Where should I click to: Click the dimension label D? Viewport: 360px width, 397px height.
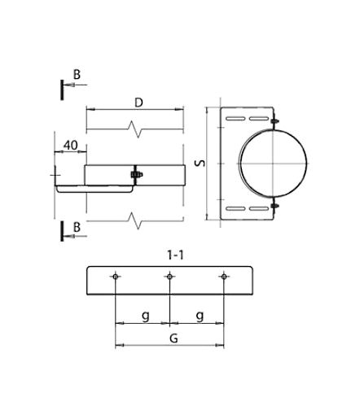pyautogui.click(x=138, y=103)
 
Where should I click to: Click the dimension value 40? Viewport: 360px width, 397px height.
pyautogui.click(x=71, y=146)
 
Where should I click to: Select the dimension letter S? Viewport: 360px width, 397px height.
pyautogui.click(x=200, y=164)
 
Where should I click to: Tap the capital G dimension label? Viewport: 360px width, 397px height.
pyautogui.click(x=173, y=338)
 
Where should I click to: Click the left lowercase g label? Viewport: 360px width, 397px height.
pyautogui.click(x=146, y=316)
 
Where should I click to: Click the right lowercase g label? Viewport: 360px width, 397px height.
pyautogui.click(x=200, y=316)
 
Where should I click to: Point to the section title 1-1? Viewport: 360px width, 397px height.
pyautogui.click(x=175, y=255)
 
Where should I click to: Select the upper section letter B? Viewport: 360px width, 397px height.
pyautogui.click(x=77, y=75)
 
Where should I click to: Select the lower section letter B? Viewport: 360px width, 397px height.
pyautogui.click(x=77, y=227)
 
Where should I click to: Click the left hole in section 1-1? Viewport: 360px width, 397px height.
pyautogui.click(x=116, y=277)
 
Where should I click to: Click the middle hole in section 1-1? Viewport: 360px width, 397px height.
pyautogui.click(x=169, y=277)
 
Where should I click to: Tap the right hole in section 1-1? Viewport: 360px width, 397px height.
pyautogui.click(x=224, y=277)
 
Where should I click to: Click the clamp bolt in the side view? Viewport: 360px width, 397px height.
pyautogui.click(x=137, y=174)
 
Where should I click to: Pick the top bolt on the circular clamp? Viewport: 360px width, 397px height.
pyautogui.click(x=274, y=120)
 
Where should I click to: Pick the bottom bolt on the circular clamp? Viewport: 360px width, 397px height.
pyautogui.click(x=274, y=206)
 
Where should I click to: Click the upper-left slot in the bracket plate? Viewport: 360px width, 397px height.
pyautogui.click(x=235, y=119)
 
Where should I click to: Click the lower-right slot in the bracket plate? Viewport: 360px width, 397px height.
pyautogui.click(x=259, y=208)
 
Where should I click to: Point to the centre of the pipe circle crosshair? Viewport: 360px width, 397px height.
pyautogui.click(x=273, y=164)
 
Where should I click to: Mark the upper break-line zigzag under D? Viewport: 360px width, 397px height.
pyautogui.click(x=135, y=129)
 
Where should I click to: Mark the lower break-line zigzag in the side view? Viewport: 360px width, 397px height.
pyautogui.click(x=135, y=220)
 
